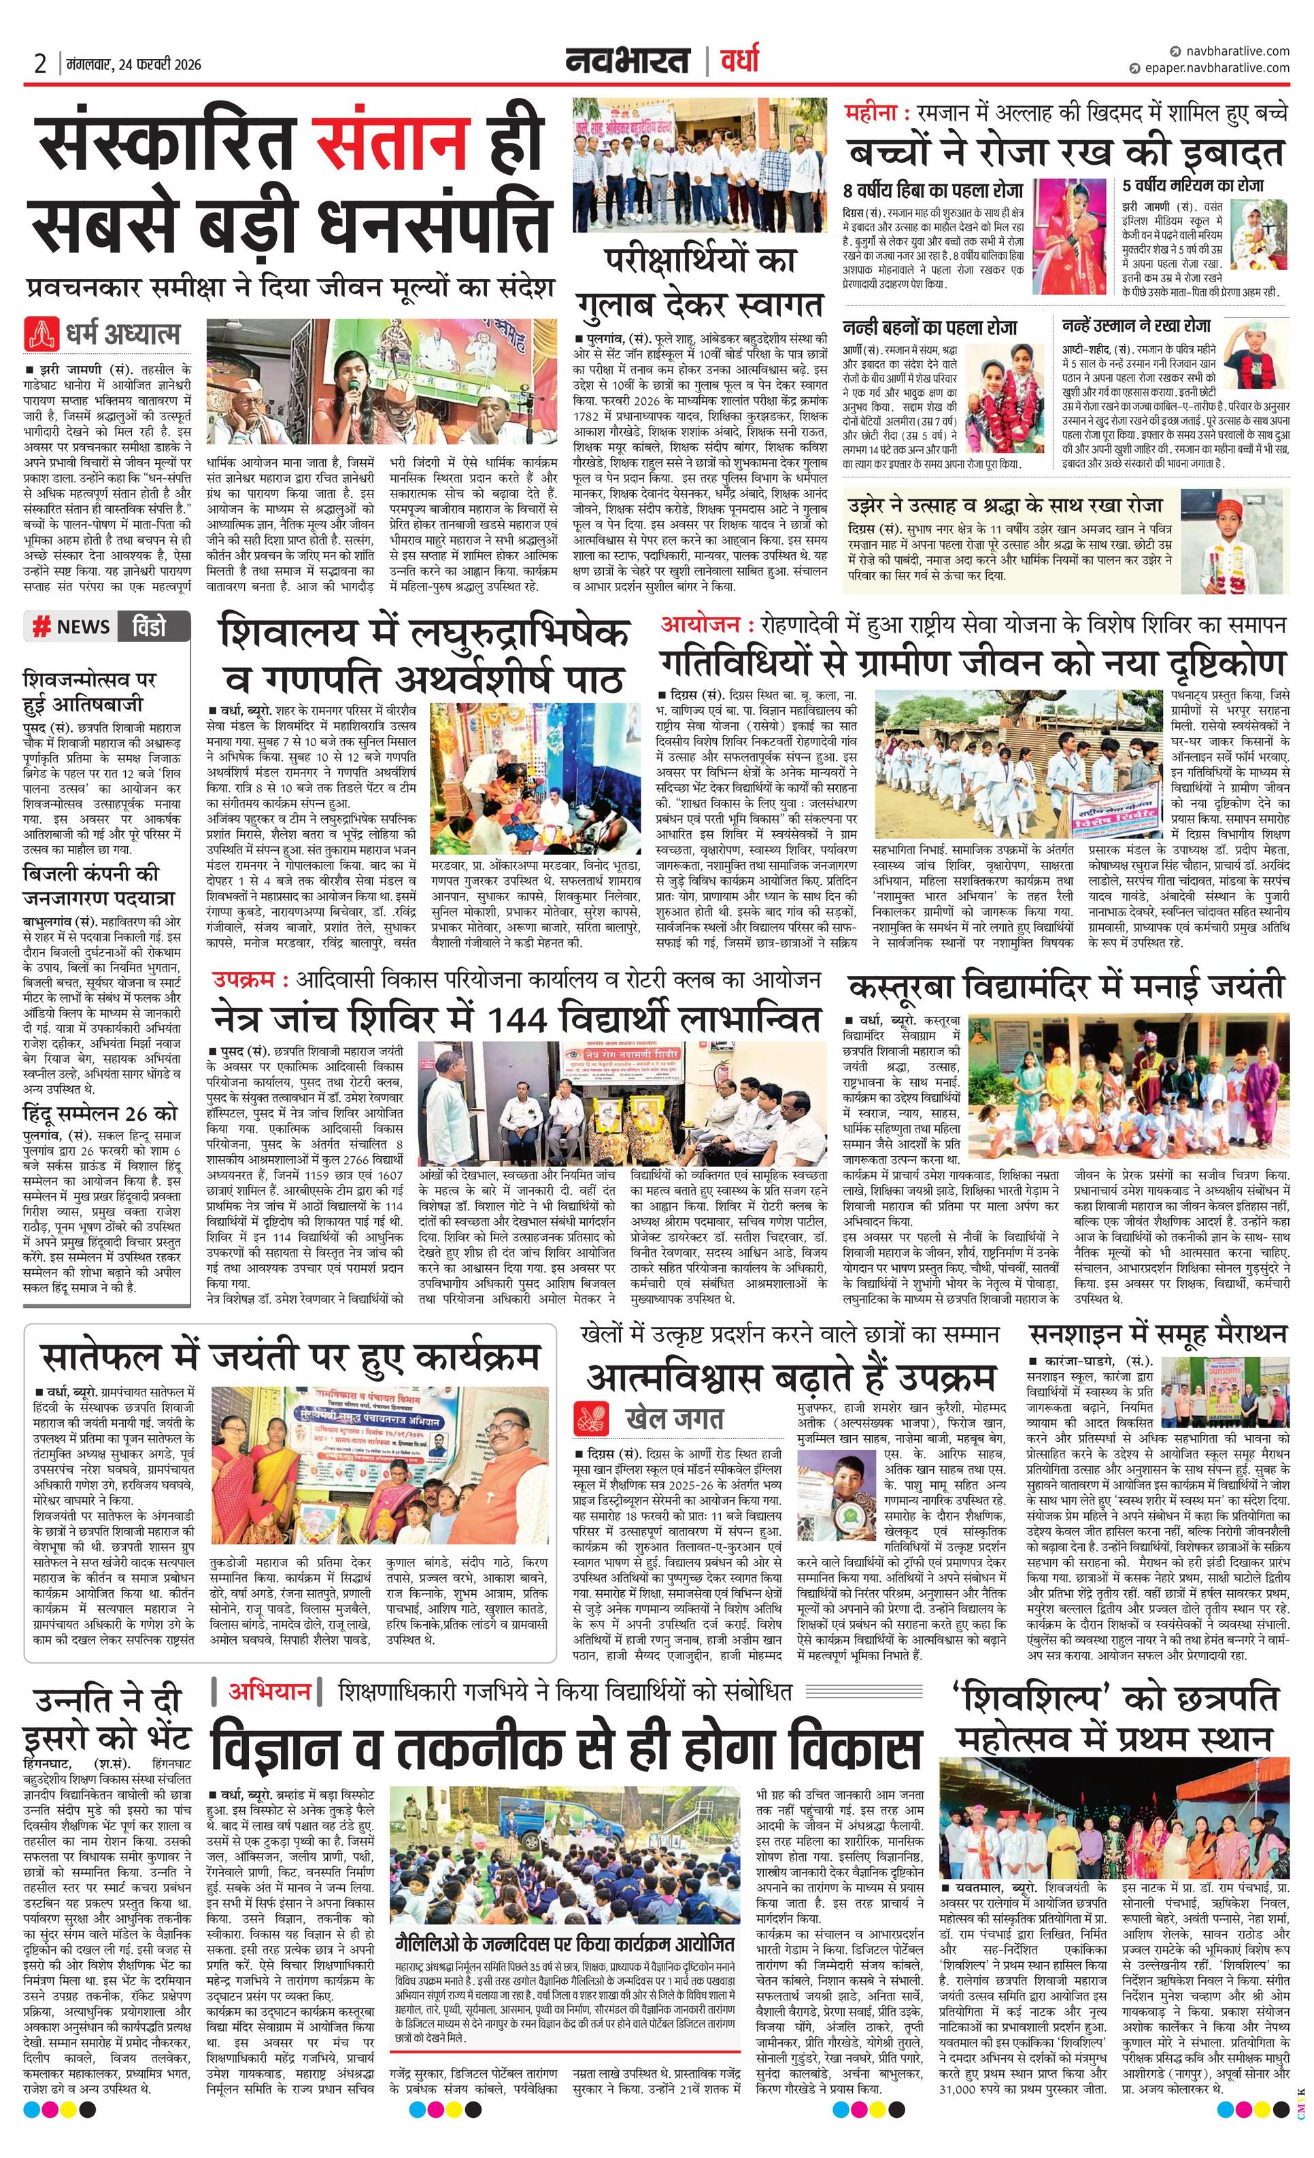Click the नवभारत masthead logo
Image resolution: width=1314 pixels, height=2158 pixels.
[x=626, y=62]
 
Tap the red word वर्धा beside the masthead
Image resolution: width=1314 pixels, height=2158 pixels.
[x=740, y=62]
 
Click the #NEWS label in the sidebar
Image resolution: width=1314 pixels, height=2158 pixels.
[x=72, y=626]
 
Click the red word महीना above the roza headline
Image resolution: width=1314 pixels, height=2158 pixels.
[x=873, y=114]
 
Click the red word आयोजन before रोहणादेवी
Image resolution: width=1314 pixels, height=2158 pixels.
[x=706, y=624]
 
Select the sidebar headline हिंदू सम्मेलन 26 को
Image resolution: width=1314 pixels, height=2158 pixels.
[x=101, y=1113]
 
